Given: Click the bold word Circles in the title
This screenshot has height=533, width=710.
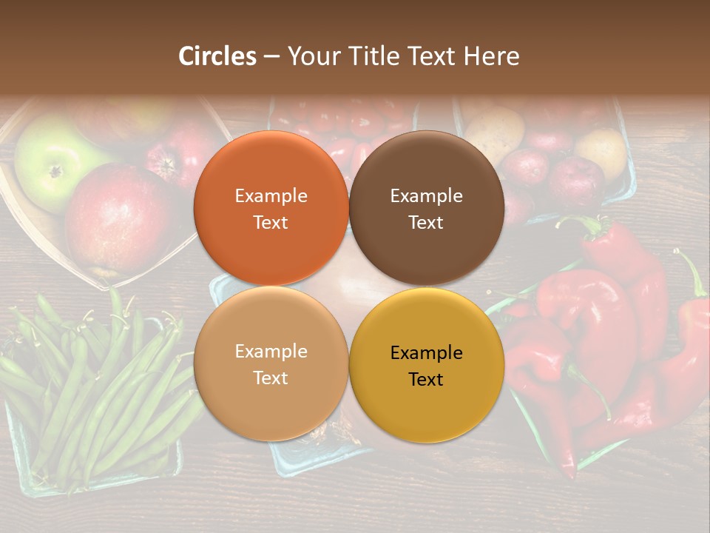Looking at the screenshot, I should (x=217, y=56).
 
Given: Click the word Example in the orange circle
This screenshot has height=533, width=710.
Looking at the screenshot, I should (x=271, y=196).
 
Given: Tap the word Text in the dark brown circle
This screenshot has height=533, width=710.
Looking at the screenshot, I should (x=426, y=223).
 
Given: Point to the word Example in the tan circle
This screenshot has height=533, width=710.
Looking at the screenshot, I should (x=271, y=352).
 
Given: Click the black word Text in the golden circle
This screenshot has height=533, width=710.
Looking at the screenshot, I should (x=426, y=380).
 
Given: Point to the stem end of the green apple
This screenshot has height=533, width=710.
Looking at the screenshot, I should (x=55, y=172).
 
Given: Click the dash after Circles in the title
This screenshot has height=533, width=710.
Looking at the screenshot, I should (x=271, y=56).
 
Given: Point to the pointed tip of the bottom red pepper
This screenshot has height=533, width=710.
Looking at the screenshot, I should (x=569, y=472).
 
